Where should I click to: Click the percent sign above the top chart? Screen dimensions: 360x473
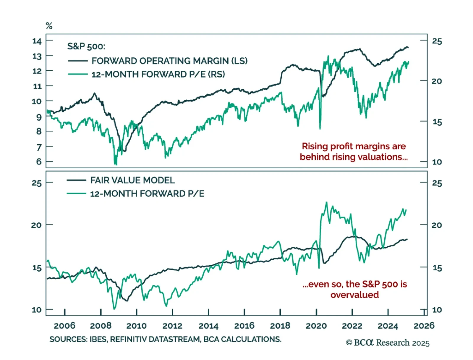coord(49,26)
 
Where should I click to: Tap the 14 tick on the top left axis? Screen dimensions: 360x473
coord(37,41)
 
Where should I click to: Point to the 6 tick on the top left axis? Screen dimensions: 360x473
coord(39,162)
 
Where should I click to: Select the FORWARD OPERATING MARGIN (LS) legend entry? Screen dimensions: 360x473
coord(169,61)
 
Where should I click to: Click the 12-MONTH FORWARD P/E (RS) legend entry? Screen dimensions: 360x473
coord(158,74)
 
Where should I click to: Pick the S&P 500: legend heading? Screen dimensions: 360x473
coord(86,46)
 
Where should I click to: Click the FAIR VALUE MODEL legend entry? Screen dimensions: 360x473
coord(132,180)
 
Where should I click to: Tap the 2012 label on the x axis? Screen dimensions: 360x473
coord(172,326)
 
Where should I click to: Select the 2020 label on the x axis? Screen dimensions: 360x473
coord(316,326)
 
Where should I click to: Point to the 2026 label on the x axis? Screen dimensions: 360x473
coord(424,326)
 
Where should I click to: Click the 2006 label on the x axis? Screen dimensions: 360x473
coord(64,326)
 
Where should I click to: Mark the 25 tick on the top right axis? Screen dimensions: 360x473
coord(437,41)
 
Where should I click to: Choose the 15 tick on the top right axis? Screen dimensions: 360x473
coord(437,122)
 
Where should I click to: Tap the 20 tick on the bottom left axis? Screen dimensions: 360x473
coord(36,225)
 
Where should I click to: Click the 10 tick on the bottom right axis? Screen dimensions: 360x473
coord(437,310)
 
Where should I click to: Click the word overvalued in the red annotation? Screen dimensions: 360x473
coord(354,295)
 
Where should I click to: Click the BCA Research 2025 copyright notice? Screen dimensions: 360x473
coord(388,343)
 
